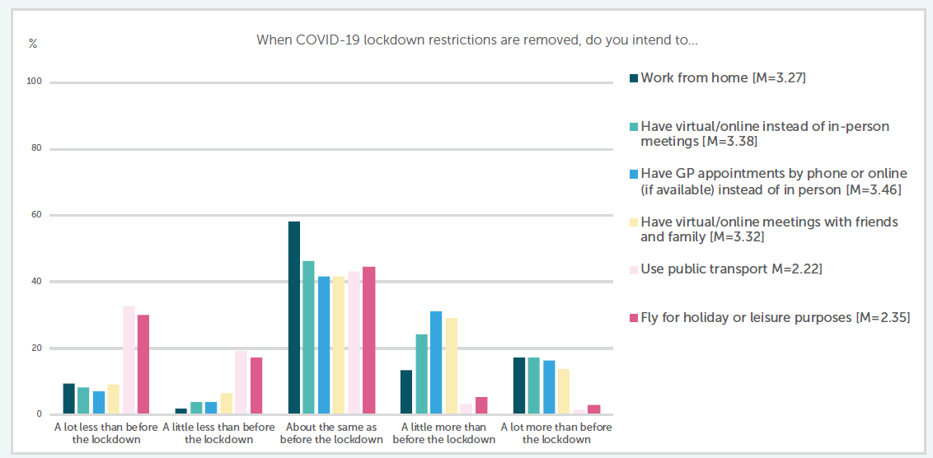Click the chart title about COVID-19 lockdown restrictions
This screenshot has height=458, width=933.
click(x=477, y=40)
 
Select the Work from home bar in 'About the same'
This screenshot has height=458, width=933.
click(x=293, y=318)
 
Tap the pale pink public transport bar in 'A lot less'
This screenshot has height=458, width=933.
click(x=129, y=361)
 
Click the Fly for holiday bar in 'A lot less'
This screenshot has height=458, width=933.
click(x=143, y=365)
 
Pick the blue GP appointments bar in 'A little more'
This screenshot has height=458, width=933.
click(x=436, y=362)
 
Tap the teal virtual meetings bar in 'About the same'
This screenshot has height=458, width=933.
click(x=308, y=338)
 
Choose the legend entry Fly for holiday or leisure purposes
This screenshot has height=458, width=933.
click(x=775, y=318)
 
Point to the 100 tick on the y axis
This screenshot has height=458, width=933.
click(x=35, y=82)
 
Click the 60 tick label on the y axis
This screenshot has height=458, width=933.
click(x=35, y=216)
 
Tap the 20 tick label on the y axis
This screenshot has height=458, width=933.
click(x=35, y=348)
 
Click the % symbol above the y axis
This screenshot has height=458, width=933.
click(x=33, y=44)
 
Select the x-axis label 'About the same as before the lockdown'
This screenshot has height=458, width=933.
click(x=331, y=433)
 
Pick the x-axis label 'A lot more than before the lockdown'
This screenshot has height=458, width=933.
click(x=556, y=433)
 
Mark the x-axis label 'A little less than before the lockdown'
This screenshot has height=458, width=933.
click(x=218, y=433)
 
